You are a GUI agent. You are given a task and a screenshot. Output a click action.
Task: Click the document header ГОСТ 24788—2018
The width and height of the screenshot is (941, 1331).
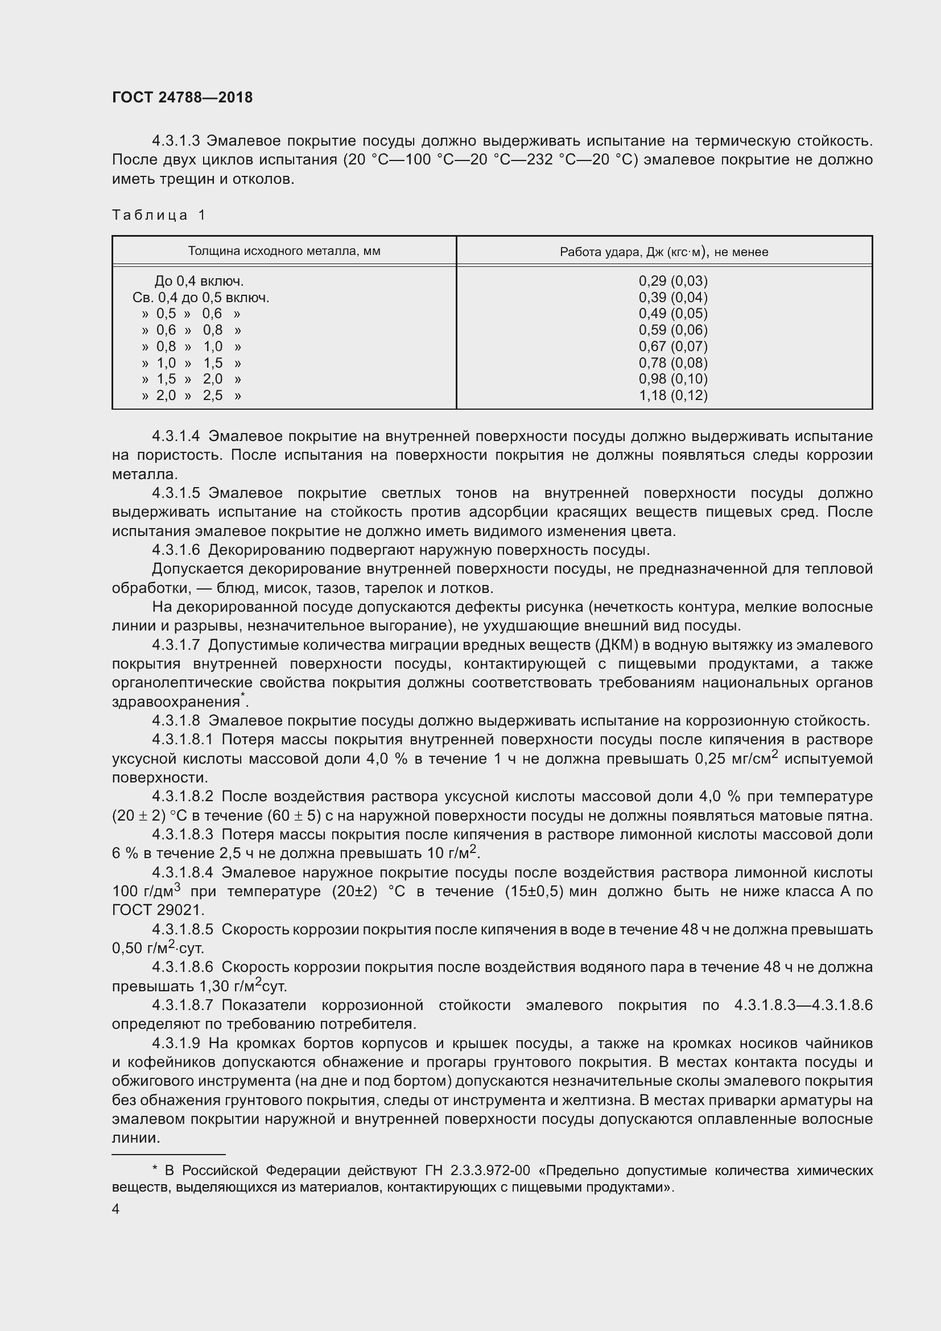[182, 97]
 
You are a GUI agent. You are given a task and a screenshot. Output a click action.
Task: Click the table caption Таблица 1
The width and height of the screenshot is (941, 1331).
[159, 215]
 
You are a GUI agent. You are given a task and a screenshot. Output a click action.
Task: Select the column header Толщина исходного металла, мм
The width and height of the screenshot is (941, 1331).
[284, 251]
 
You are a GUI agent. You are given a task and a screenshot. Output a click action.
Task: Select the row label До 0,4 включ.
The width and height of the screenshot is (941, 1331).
[199, 281]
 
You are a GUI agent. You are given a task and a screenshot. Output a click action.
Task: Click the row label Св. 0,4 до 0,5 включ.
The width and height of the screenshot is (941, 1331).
[200, 298]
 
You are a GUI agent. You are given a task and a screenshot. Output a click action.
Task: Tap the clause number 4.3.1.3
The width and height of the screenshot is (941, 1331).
[176, 141]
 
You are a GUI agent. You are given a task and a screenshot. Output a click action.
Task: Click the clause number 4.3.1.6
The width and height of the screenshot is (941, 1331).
[176, 550]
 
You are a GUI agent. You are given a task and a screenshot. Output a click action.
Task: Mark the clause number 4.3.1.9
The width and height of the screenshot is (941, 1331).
[176, 1044]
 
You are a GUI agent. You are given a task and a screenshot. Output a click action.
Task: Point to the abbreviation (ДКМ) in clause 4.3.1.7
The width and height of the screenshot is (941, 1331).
[617, 645]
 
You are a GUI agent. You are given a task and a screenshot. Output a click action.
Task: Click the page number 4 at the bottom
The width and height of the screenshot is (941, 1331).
[116, 1209]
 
